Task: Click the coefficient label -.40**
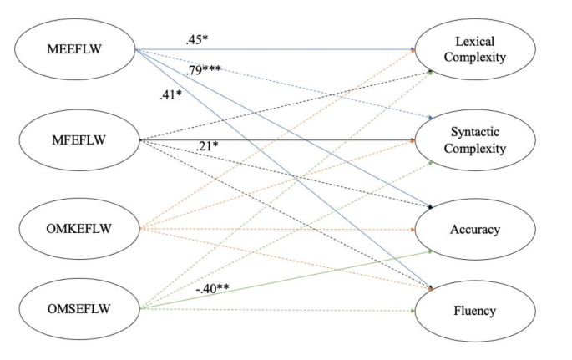coord(213,290)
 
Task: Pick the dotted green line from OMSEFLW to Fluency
coord(284,310)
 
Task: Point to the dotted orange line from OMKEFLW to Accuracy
coord(284,228)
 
